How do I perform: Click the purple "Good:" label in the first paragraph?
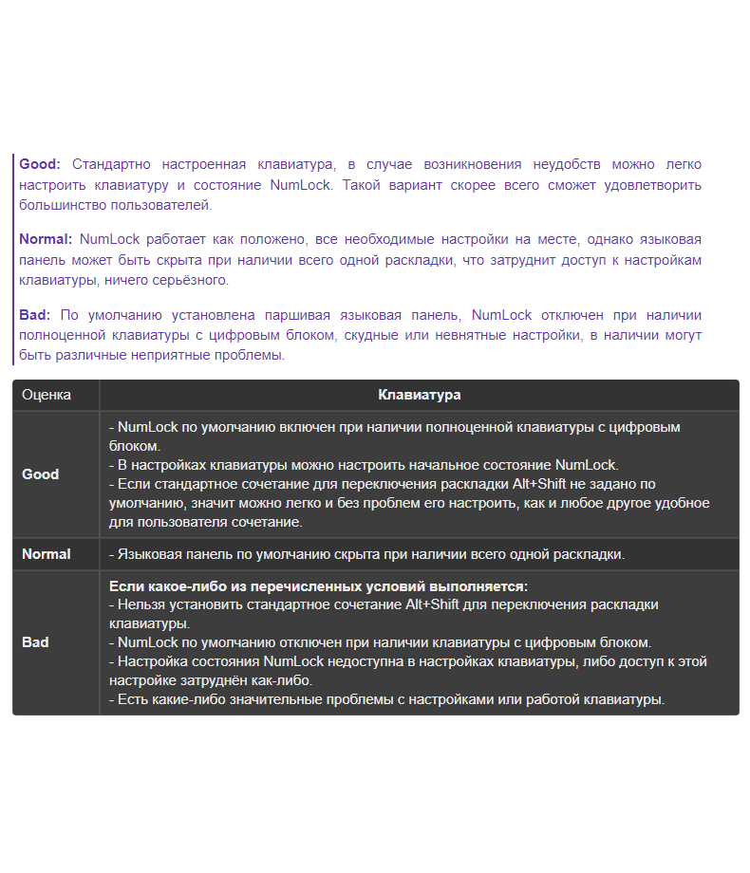(40, 164)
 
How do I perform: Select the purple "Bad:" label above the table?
(36, 315)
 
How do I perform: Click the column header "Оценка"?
(47, 395)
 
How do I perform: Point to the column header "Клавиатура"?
(420, 395)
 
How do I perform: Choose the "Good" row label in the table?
(41, 474)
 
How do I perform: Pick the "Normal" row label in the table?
(47, 553)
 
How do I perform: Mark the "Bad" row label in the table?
(35, 641)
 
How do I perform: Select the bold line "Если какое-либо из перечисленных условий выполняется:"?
(319, 585)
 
